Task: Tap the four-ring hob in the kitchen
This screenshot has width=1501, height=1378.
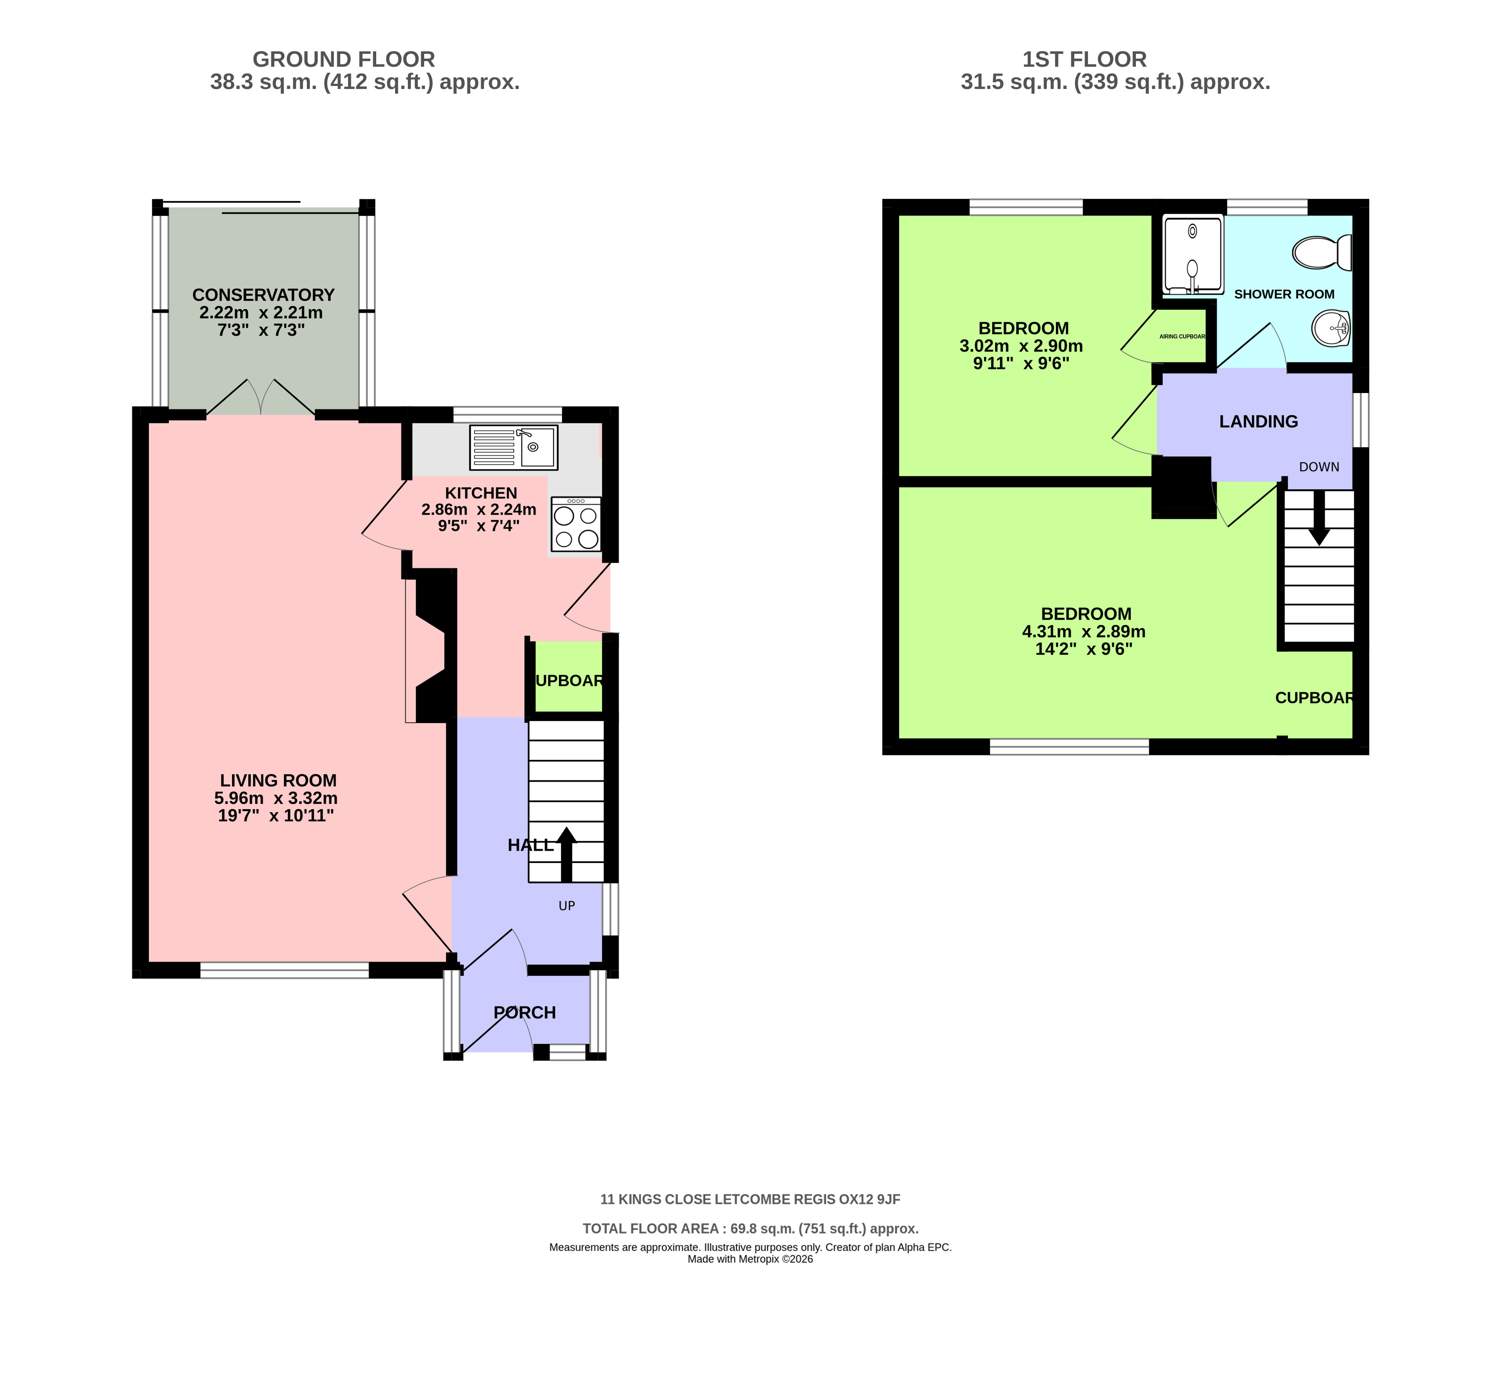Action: [576, 524]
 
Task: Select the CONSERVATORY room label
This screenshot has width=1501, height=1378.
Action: [263, 295]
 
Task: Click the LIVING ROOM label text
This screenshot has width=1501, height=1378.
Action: [278, 781]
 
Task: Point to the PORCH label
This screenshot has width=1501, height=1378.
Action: [524, 1013]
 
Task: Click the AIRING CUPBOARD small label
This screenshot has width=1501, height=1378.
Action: [1183, 336]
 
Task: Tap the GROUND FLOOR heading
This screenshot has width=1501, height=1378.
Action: [344, 59]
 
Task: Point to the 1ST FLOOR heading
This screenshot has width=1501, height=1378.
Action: [1084, 59]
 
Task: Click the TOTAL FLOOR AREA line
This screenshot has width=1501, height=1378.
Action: [751, 1229]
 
